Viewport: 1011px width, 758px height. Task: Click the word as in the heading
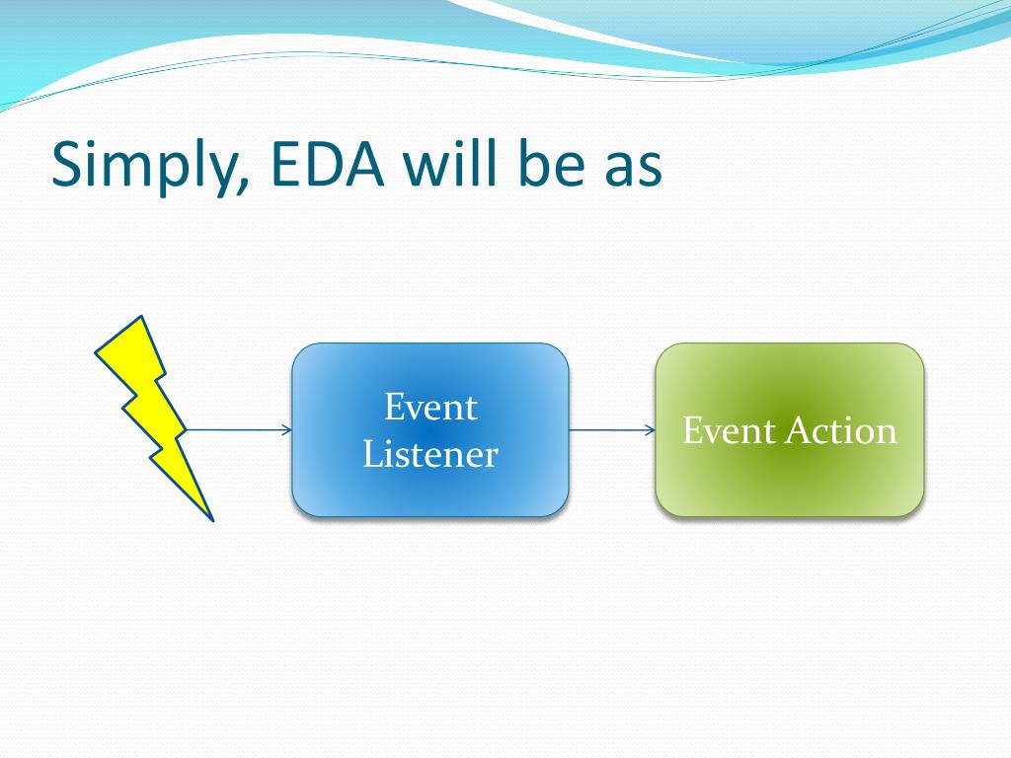(634, 170)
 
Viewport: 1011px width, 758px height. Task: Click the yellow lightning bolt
(156, 413)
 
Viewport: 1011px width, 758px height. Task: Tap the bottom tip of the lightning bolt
(212, 519)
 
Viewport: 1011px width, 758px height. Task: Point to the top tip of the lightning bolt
(141, 317)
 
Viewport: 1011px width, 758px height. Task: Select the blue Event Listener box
(430, 430)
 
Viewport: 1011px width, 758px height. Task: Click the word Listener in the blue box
(430, 454)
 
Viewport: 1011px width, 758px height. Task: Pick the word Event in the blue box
(430, 408)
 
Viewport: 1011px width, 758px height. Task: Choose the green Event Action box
(790, 430)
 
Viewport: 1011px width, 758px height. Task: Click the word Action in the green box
(841, 430)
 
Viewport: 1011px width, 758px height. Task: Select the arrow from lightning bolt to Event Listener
(239, 430)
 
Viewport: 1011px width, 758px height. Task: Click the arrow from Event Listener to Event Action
(612, 430)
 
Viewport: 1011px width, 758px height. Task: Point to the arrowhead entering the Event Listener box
(287, 430)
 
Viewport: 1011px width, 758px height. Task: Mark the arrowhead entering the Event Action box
(652, 430)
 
